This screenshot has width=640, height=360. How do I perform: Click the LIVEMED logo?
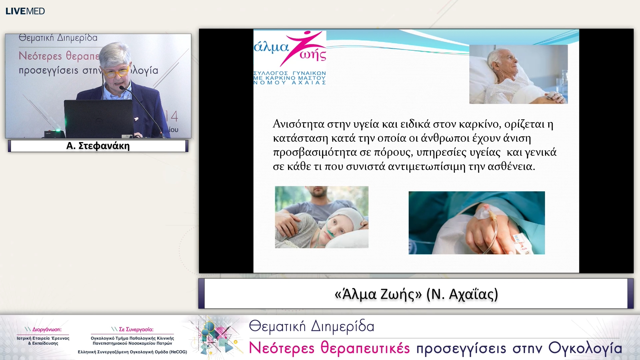(x=25, y=11)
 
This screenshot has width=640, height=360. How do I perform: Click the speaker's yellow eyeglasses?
(x=115, y=72)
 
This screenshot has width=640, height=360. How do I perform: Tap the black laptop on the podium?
(x=99, y=118)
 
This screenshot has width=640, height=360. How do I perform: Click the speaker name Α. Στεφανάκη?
(x=98, y=146)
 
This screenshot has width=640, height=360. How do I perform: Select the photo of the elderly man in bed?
(x=518, y=74)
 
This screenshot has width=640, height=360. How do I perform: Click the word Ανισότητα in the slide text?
(x=298, y=124)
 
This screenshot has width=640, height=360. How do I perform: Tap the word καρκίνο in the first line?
(x=479, y=124)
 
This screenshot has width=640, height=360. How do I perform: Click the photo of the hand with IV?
(x=477, y=223)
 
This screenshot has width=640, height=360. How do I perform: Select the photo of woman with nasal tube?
(x=322, y=217)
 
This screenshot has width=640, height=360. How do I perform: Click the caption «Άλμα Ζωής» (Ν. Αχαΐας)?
(x=416, y=294)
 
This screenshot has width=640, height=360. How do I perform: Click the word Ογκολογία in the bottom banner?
(x=585, y=348)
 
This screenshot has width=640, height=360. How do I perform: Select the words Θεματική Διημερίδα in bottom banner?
(x=312, y=326)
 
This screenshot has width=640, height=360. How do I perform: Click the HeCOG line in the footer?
(x=132, y=352)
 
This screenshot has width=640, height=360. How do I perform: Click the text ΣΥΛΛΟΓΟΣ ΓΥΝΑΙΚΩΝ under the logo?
(x=290, y=73)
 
